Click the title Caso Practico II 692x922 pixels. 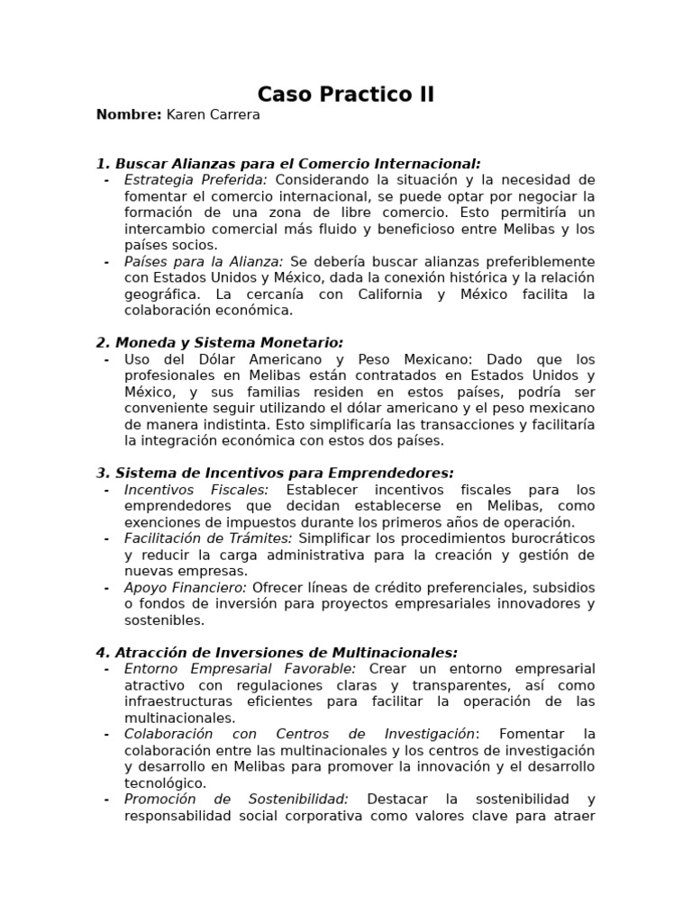(345, 95)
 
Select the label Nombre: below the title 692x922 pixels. (129, 114)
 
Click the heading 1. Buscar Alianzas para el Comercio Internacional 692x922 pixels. (288, 163)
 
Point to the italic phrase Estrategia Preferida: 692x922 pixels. (196, 179)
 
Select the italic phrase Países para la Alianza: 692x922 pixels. (204, 261)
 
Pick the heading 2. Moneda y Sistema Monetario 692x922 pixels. (220, 342)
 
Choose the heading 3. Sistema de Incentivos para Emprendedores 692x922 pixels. (275, 473)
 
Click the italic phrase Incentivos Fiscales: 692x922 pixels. (196, 490)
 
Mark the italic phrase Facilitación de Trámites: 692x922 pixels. (208, 538)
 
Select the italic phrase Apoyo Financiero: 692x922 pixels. (187, 587)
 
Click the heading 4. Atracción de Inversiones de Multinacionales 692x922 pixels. (277, 652)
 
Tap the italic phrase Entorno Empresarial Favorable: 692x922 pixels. (241, 669)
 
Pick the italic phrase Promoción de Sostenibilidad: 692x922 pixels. (236, 800)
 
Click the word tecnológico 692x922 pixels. (165, 783)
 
